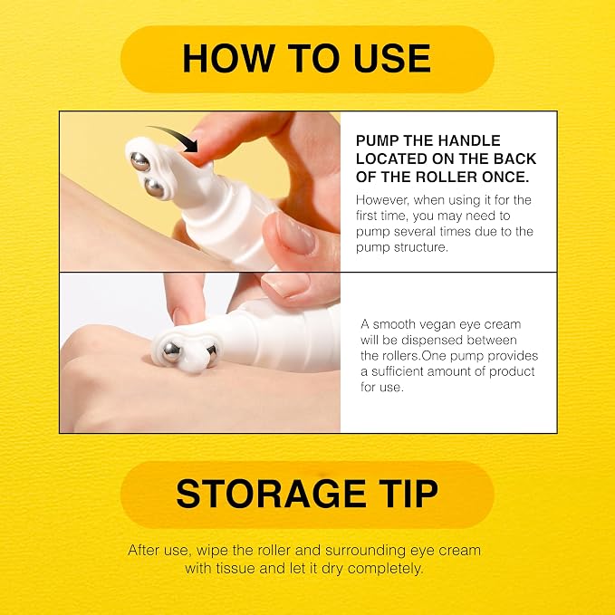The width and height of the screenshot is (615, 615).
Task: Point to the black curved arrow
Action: click(x=178, y=133)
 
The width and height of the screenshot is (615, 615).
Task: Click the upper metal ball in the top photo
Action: click(x=140, y=161)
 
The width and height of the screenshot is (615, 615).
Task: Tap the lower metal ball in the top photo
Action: click(x=154, y=187)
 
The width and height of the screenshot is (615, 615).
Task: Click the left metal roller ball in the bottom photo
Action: click(x=172, y=351)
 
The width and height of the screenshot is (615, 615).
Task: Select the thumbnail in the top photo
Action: click(x=295, y=234)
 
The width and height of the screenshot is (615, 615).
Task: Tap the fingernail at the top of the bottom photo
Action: click(x=285, y=283)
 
